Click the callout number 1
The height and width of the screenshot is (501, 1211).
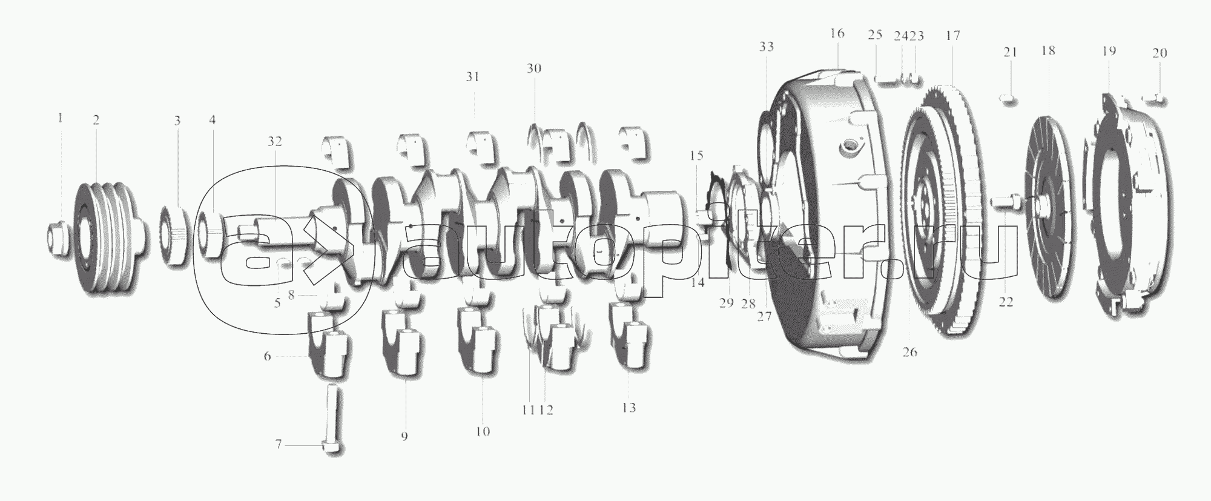pyautogui.click(x=60, y=118)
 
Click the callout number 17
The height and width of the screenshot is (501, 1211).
pyautogui.click(x=952, y=36)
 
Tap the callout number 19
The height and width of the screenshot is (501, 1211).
pyautogui.click(x=1108, y=51)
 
